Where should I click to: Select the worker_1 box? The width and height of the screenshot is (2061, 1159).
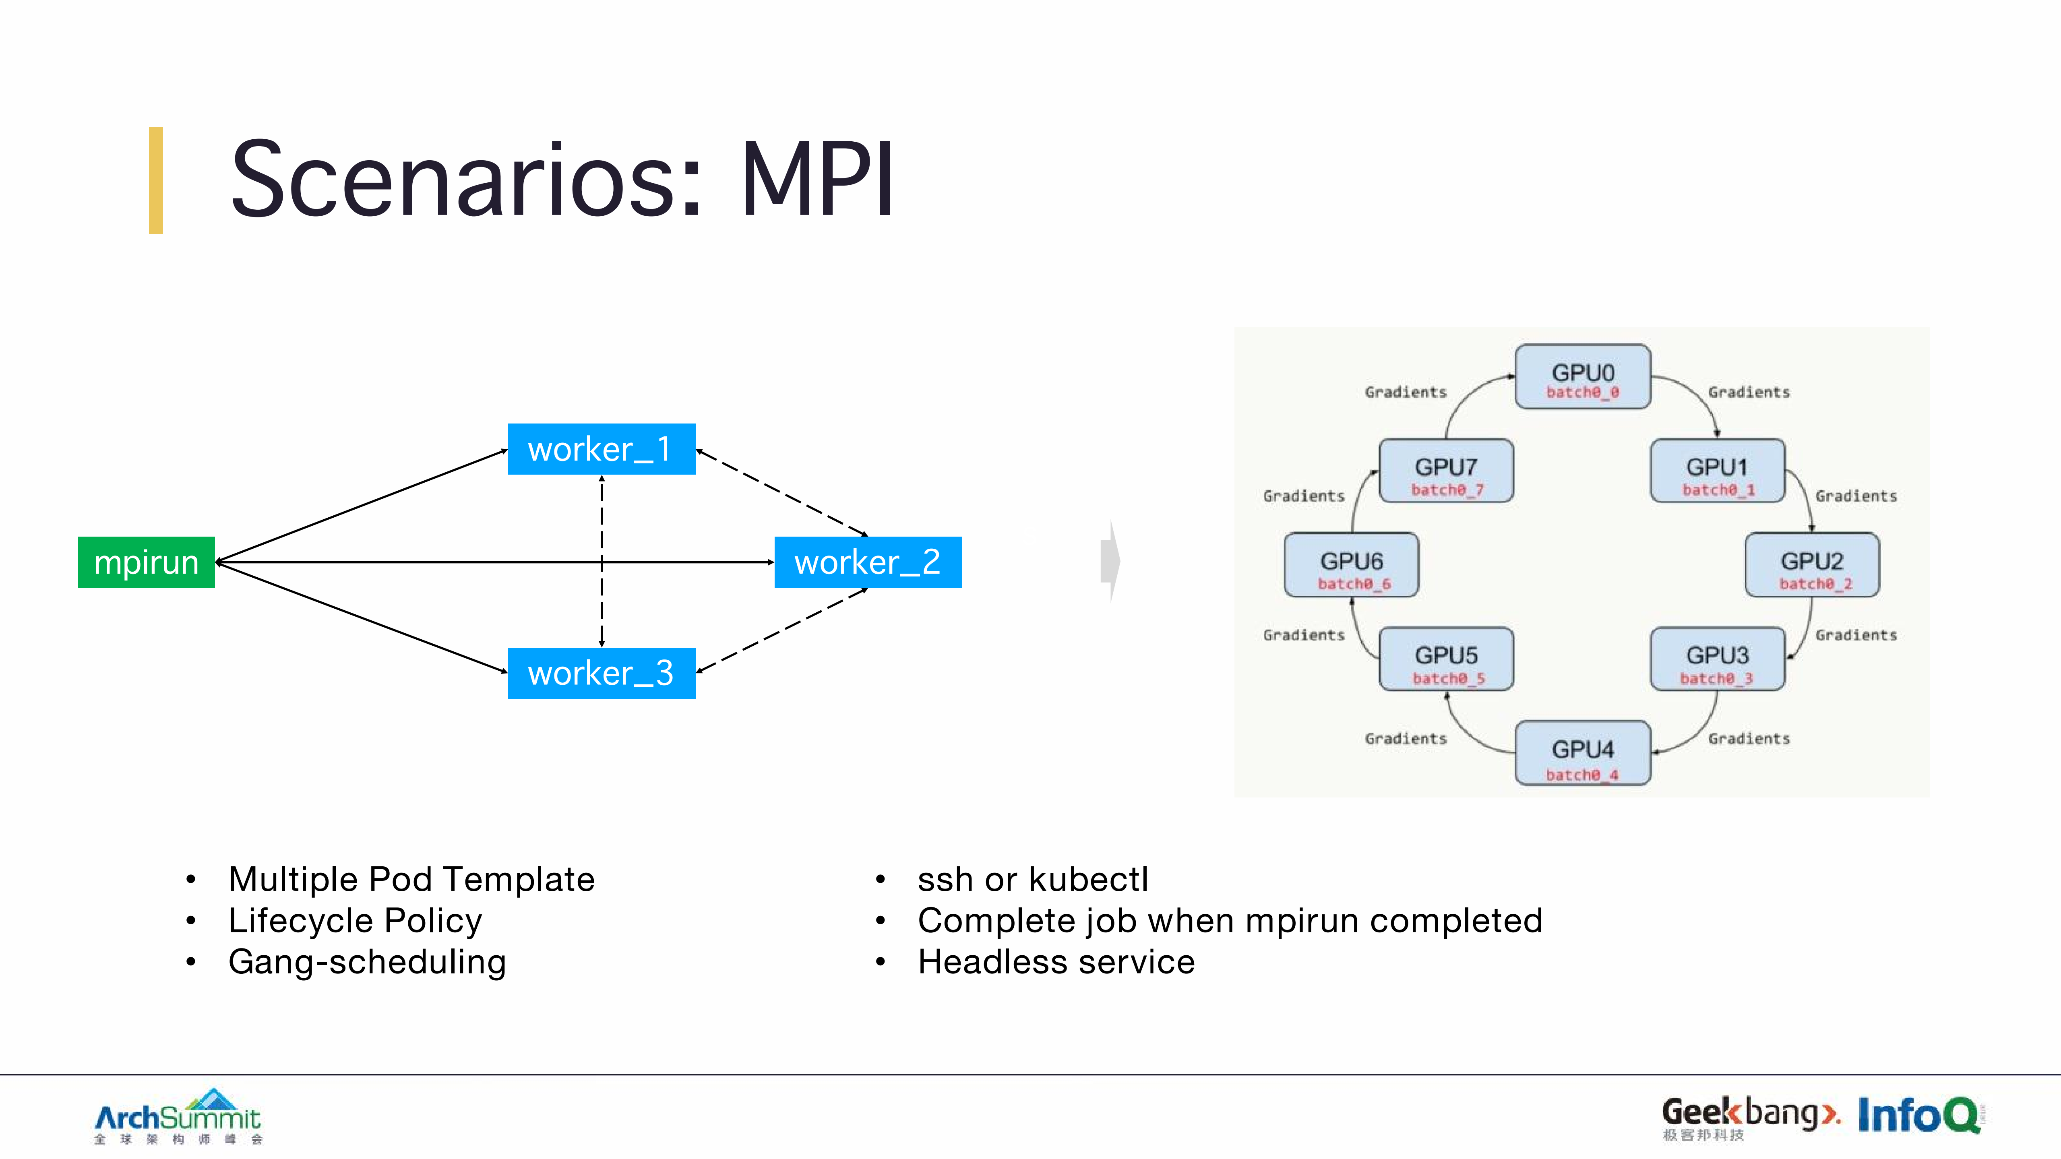point(601,449)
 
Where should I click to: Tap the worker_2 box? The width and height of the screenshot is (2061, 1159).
point(867,562)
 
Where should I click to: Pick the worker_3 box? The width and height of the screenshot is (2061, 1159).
point(601,673)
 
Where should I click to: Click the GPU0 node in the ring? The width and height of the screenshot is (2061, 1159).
point(1583,376)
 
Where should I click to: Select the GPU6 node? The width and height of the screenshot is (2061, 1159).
point(1351,565)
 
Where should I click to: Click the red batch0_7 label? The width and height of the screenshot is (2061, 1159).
point(1447,490)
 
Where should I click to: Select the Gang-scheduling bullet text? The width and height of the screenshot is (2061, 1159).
point(367,961)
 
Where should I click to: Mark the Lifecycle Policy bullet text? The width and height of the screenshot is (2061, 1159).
point(355,921)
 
